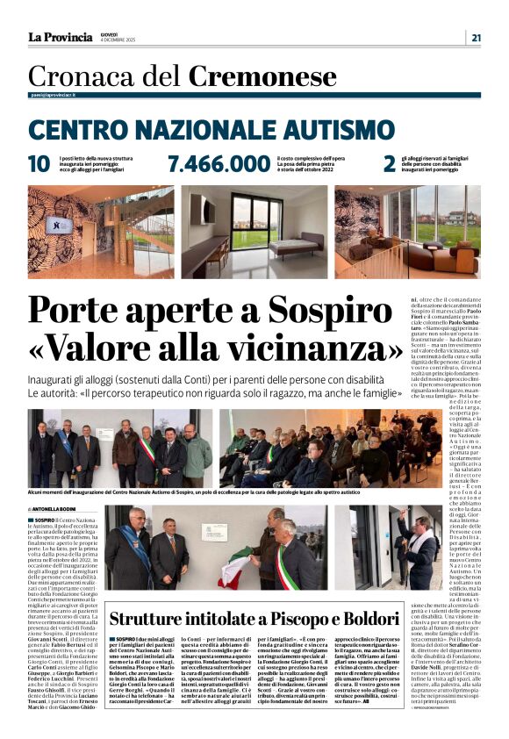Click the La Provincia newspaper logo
[x=60, y=37]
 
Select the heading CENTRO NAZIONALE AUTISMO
[x=198, y=132]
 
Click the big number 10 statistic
[x=39, y=164]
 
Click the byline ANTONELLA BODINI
[x=58, y=509]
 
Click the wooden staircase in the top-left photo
[x=114, y=233]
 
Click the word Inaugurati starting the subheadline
[x=56, y=379]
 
